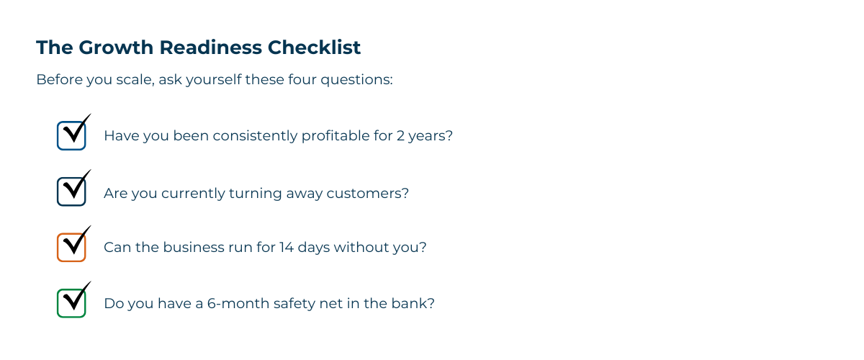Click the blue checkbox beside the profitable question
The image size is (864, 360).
click(x=71, y=135)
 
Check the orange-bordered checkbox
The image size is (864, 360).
click(x=71, y=247)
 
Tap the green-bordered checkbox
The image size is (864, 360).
click(x=71, y=303)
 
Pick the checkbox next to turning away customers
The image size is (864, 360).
click(x=71, y=192)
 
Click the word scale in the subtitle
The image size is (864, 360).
click(x=130, y=79)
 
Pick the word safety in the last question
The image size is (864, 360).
click(x=294, y=303)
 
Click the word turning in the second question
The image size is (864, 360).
click(x=251, y=193)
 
